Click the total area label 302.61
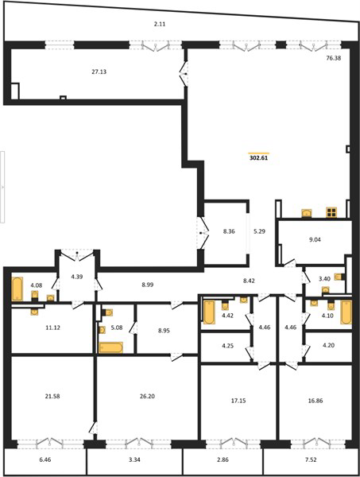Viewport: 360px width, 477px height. click(259, 158)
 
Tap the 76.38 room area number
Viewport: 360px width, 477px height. click(334, 58)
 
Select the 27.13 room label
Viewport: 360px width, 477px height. click(99, 72)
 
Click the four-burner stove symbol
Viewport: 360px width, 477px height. click(331, 212)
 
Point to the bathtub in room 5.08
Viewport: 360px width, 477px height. click(111, 347)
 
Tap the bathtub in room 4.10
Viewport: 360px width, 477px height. click(346, 312)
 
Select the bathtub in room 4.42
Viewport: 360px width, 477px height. click(209, 312)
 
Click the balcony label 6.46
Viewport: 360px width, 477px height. click(45, 460)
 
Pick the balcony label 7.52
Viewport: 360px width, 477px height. click(311, 460)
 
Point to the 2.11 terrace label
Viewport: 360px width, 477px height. click(159, 24)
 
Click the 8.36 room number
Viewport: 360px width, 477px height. click(229, 231)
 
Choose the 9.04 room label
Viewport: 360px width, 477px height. click(315, 239)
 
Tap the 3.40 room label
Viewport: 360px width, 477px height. click(324, 279)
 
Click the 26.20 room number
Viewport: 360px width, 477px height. click(147, 396)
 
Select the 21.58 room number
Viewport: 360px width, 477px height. click(52, 396)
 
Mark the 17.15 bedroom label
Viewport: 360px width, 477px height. click(238, 401)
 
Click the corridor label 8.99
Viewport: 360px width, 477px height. click(148, 285)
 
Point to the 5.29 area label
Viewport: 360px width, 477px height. click(259, 231)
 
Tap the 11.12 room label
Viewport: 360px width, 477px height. click(52, 328)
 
